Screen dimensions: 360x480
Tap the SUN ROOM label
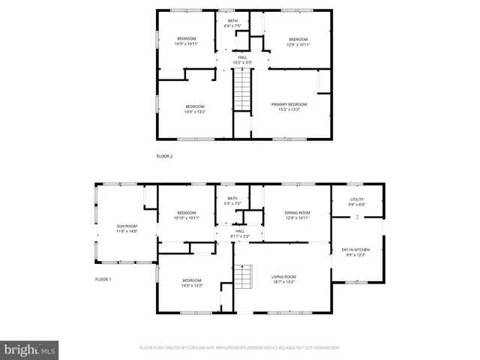tap(126, 225)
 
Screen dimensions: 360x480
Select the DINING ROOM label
tap(297, 212)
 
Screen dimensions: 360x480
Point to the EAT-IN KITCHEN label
tap(356, 250)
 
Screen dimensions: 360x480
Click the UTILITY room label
tap(356, 199)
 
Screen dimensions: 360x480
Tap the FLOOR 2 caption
tap(164, 156)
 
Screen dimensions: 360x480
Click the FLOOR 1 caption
tap(103, 279)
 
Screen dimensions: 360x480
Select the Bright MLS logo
tap(30, 349)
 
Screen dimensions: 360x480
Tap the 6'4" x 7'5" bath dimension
tap(232, 25)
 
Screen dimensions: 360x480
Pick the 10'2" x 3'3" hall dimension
tap(242, 60)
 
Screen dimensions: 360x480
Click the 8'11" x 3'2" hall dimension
tap(240, 235)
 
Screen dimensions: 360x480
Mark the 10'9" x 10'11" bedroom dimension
tap(186, 43)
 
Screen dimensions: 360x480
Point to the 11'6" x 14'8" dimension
tap(126, 230)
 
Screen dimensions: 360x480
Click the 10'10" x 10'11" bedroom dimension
tap(186, 217)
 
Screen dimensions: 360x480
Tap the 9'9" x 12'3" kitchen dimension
tap(356, 255)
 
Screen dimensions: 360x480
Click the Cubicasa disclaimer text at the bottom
tap(240, 348)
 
